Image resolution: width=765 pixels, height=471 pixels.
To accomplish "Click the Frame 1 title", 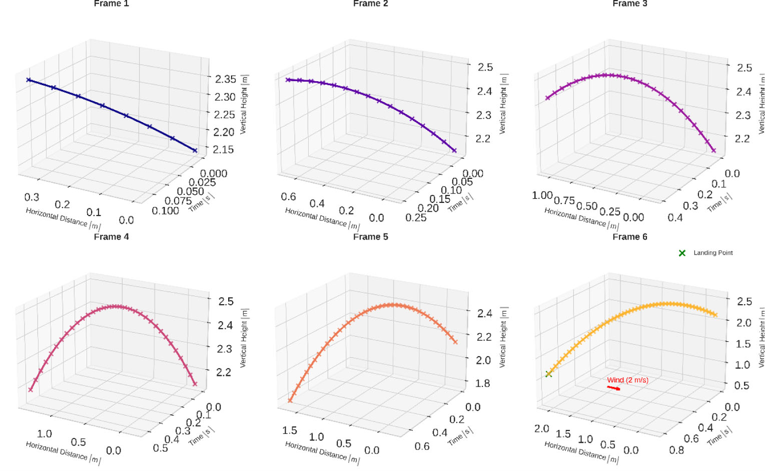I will (x=111, y=4).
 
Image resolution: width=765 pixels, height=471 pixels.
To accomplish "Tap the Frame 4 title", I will (x=111, y=237).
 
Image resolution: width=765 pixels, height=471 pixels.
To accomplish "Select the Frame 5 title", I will (x=370, y=237).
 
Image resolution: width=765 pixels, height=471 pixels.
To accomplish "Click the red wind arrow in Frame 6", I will (x=613, y=388).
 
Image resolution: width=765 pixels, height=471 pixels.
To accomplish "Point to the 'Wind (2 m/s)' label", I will (x=627, y=380).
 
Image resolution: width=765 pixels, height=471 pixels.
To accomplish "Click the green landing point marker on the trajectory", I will (x=548, y=374).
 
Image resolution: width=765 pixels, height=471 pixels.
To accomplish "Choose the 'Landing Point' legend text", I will (x=712, y=253).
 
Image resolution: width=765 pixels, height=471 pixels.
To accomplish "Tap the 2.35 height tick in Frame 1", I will (x=225, y=79).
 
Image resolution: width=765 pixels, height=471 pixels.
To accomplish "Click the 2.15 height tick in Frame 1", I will (x=224, y=149).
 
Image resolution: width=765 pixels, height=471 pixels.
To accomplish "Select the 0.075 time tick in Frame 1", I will (x=178, y=201).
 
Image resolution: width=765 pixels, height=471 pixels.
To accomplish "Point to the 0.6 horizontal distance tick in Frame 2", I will (x=288, y=196).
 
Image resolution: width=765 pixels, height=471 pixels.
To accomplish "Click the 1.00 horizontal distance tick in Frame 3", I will (x=542, y=195).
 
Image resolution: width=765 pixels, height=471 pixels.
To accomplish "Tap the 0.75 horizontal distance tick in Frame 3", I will (x=564, y=200).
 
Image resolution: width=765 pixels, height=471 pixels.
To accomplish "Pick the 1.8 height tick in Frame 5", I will (x=482, y=383).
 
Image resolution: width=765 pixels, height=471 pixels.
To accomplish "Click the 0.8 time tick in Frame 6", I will (x=676, y=450).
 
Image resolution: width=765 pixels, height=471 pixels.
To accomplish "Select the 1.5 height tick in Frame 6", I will (x=742, y=344).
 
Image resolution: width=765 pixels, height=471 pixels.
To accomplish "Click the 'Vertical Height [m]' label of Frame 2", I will (x=503, y=104).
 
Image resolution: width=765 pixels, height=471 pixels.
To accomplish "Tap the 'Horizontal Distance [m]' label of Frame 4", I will (x=63, y=452).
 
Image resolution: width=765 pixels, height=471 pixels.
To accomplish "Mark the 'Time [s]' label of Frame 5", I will (x=460, y=436).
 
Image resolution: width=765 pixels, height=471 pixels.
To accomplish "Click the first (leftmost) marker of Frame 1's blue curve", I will (x=29, y=80).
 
